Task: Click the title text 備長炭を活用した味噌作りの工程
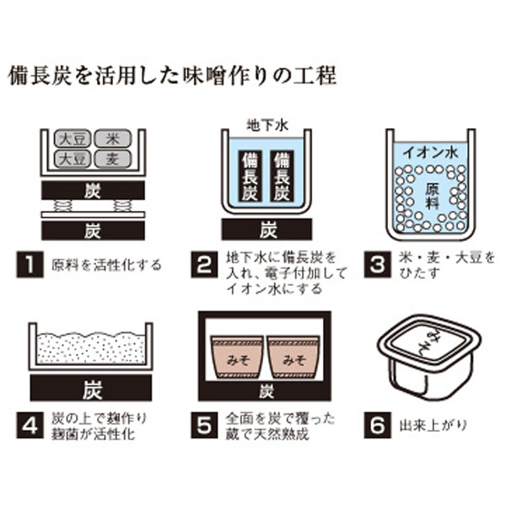tap(172, 76)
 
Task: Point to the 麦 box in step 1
tap(112, 158)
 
